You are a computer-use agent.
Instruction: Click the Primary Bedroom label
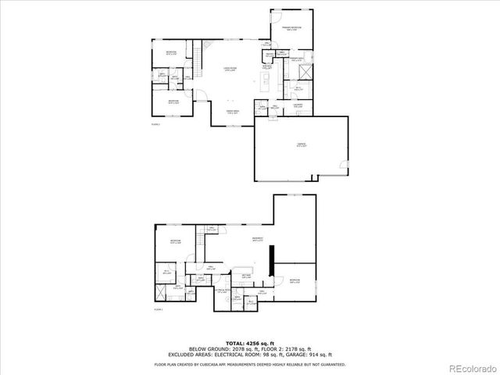click(x=292, y=28)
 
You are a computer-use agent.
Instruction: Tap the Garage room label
click(x=301, y=145)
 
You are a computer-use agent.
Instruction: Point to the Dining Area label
click(x=233, y=112)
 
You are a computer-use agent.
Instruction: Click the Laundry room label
click(x=298, y=105)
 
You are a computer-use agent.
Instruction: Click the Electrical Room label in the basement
click(x=223, y=291)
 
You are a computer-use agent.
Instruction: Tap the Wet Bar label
click(x=245, y=276)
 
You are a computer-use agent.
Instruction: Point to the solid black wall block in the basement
click(x=271, y=261)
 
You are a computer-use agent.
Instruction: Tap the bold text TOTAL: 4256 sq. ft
click(x=250, y=342)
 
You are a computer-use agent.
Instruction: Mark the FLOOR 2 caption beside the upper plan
click(x=155, y=123)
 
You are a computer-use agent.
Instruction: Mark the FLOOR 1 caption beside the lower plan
click(x=158, y=309)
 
